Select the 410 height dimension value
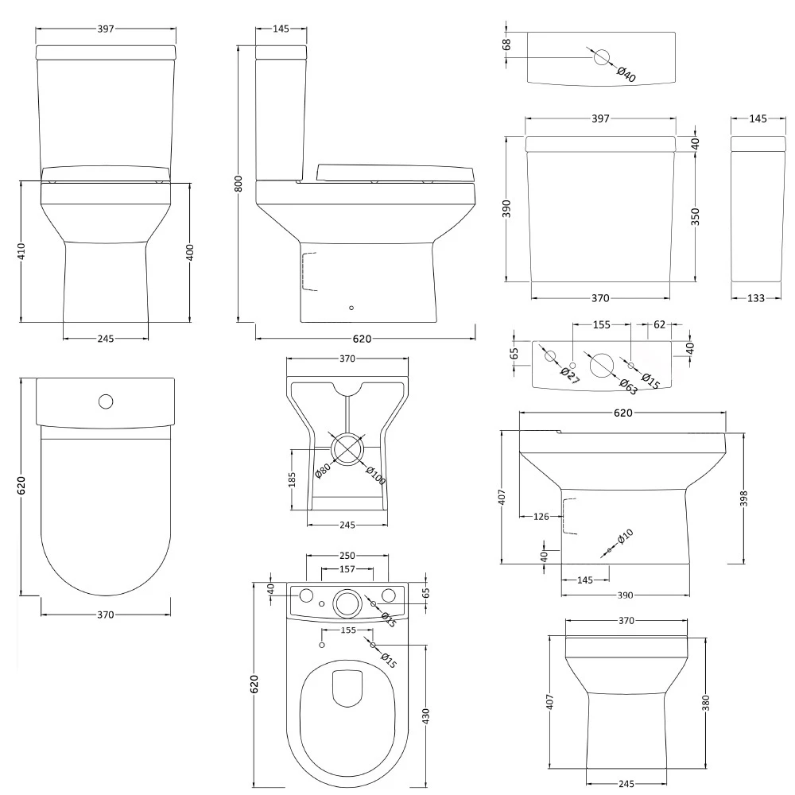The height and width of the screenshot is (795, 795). click(21, 252)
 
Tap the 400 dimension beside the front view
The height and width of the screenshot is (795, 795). click(190, 252)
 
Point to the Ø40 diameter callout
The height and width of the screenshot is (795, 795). click(627, 75)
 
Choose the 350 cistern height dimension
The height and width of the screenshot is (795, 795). click(696, 217)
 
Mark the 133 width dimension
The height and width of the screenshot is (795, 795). click(756, 298)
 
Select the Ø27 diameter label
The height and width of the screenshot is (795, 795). click(568, 375)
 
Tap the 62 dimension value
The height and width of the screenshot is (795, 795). click(660, 324)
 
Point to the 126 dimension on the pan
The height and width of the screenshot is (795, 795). click(541, 517)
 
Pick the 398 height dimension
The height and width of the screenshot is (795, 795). click(743, 498)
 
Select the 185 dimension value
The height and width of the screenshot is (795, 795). click(293, 479)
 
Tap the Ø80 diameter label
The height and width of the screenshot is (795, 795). click(322, 470)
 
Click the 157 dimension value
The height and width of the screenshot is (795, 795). click(347, 569)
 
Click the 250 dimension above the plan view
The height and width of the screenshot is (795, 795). click(347, 556)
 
